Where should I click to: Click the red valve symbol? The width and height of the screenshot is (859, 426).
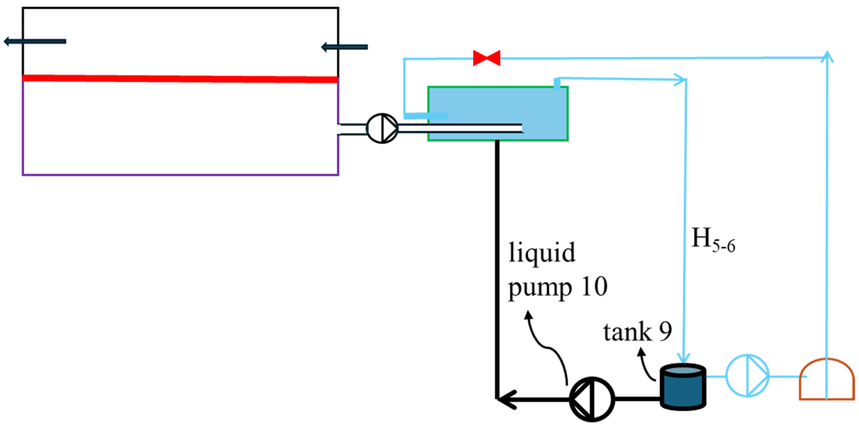click(486, 58)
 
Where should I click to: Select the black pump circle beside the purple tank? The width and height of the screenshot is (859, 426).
click(382, 128)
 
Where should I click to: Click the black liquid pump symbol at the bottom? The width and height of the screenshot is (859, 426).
click(592, 399)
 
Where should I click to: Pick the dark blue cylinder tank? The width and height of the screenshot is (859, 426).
click(683, 386)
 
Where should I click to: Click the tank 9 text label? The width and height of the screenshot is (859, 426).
click(637, 332)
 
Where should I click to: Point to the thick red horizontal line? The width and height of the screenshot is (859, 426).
click(180, 79)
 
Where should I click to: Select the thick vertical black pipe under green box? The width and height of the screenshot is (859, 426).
click(497, 267)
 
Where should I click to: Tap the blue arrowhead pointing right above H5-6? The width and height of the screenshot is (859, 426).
click(680, 80)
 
